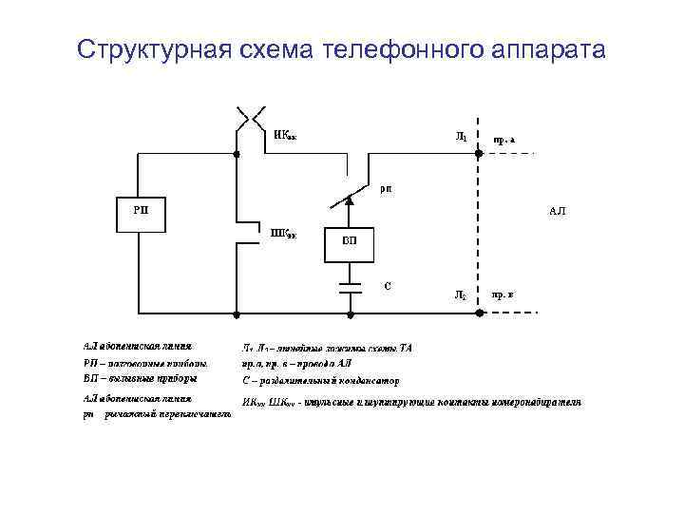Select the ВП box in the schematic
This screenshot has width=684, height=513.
[350, 240]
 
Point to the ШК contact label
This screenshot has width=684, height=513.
[284, 233]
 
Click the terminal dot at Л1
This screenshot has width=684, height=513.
[476, 152]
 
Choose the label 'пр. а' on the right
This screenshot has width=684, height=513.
[503, 140]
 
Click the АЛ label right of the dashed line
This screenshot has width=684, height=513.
[557, 211]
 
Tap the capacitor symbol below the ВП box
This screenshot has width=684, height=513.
[350, 284]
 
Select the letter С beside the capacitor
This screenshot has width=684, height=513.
[387, 284]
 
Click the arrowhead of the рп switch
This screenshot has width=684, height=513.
[350, 199]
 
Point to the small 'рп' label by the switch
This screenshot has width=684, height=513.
[387, 188]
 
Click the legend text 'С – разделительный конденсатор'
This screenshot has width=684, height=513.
[314, 380]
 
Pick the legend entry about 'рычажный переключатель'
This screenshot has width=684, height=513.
[157, 415]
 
